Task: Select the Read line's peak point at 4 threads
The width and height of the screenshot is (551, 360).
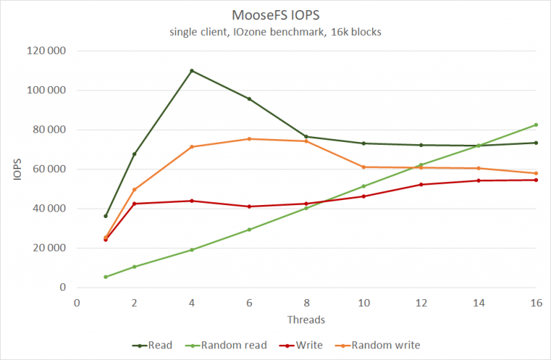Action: [x=192, y=70]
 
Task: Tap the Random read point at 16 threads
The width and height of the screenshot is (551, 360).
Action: [x=536, y=125]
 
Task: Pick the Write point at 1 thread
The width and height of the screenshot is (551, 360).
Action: [x=105, y=240]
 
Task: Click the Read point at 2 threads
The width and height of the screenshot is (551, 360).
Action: [x=134, y=154]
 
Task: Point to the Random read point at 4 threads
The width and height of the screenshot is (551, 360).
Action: [x=192, y=250]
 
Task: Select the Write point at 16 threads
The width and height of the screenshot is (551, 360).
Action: [x=536, y=180]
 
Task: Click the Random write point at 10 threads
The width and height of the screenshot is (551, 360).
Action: [x=364, y=167]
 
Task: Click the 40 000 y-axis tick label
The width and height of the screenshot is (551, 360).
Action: [x=47, y=209]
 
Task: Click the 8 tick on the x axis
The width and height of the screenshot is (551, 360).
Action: [x=306, y=303]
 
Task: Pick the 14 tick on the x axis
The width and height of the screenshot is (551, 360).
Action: [x=479, y=303]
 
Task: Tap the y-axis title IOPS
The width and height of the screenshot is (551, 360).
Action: [x=19, y=169]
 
